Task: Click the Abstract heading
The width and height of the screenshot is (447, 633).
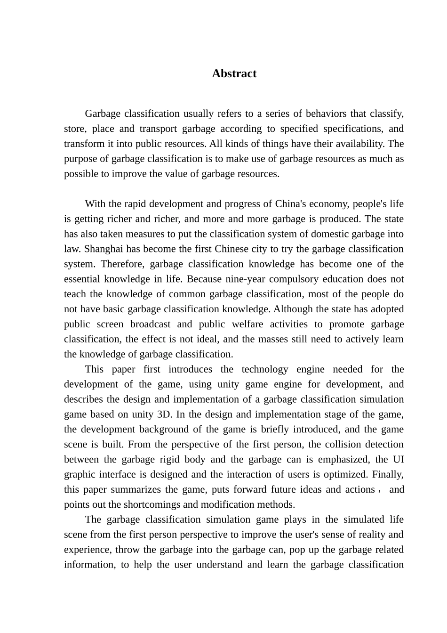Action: point(234,73)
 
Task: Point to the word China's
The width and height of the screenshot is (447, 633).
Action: point(291,203)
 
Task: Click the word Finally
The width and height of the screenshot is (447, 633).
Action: point(388,474)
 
